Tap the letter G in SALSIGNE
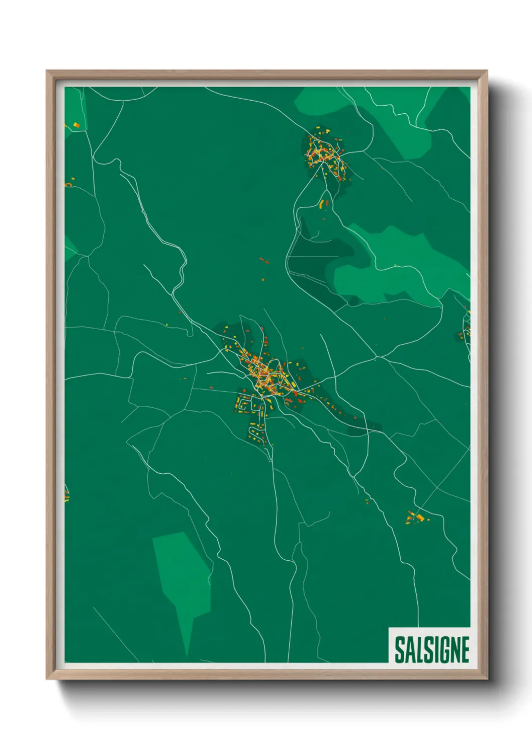pyautogui.click(x=439, y=650)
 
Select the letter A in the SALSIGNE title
pyautogui.click(x=409, y=650)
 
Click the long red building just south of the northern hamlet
pyautogui.click(x=327, y=203)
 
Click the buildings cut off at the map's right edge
pyautogui.click(x=467, y=327)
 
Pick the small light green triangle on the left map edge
pyautogui.click(x=69, y=247)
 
